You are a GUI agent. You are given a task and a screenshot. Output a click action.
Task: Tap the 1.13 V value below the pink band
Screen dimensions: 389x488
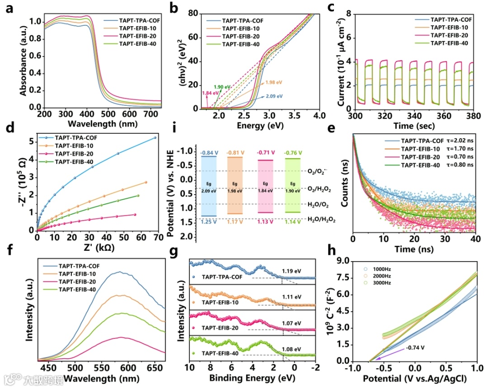(264, 222)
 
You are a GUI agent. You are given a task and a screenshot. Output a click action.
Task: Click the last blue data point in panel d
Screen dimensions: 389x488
(155, 137)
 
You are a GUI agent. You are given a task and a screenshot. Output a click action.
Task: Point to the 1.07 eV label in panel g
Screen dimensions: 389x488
(291, 323)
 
